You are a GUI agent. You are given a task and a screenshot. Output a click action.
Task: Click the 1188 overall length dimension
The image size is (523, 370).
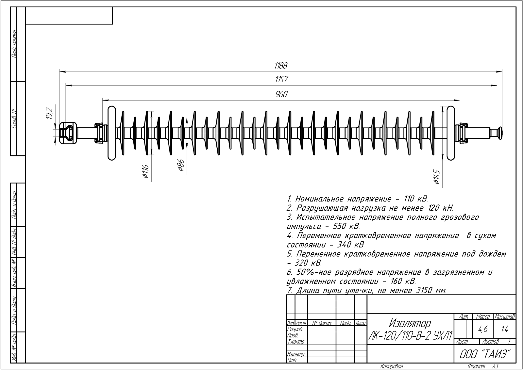280,66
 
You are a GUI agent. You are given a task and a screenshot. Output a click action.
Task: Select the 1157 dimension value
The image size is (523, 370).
281,79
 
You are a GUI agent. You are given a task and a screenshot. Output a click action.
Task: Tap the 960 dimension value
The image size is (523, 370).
281,94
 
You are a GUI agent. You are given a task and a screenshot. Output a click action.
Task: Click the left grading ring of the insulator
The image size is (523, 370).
112,133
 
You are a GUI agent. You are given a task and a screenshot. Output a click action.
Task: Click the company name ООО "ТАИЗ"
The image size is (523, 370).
485,354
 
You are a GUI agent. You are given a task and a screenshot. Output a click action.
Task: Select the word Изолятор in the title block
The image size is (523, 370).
410,324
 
